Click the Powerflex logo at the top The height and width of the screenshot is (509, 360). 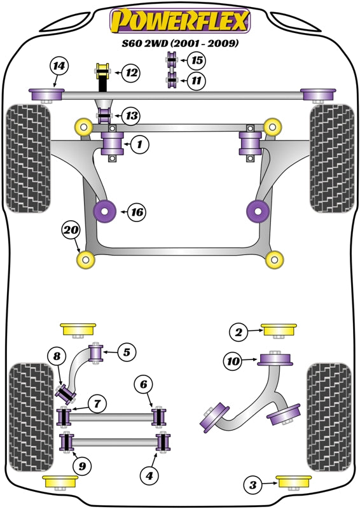coord(179,21)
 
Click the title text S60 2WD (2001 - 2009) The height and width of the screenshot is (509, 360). coord(179,44)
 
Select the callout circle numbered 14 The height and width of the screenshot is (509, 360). coord(59,66)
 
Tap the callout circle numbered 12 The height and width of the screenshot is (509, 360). coord(131,73)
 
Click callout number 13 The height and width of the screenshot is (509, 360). coord(132,116)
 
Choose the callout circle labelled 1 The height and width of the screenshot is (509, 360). coord(140,145)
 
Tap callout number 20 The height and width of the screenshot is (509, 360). coord(70,231)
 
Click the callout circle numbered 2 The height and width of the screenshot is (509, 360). coord(239,331)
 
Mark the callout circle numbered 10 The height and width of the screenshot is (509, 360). coord(233,362)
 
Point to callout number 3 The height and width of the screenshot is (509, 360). coord(253,486)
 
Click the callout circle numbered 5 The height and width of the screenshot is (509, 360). coord(126,351)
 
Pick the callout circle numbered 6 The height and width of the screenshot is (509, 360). coord(144,384)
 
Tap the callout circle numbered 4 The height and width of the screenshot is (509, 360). coord(149,475)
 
